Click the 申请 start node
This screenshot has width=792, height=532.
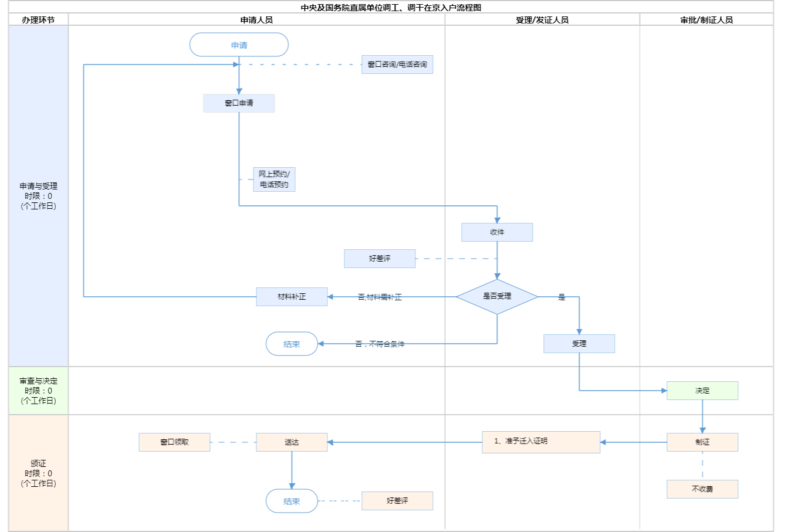pos(239,45)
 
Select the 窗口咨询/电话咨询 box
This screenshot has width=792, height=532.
pos(397,65)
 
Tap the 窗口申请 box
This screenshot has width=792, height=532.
pos(239,103)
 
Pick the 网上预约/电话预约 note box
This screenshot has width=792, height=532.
pos(274,179)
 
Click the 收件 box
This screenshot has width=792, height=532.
pos(497,232)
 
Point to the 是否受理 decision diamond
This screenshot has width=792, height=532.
pos(497,297)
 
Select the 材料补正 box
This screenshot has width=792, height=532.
pos(292,297)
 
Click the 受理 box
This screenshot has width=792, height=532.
pos(579,344)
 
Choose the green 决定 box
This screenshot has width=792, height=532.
pos(702,391)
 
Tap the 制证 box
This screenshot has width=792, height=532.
pos(702,442)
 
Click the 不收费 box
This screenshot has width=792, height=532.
pos(702,489)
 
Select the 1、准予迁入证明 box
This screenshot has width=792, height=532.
pos(541,442)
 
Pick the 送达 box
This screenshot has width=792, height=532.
pos(292,442)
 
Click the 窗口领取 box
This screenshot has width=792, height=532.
pos(174,442)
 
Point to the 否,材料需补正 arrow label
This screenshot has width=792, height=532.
pos(380,297)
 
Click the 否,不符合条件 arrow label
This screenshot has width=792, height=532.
pos(380,344)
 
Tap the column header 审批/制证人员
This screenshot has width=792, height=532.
pos(706,20)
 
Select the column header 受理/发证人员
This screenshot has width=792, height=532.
pos(542,20)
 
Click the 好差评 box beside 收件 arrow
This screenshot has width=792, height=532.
pos(380,259)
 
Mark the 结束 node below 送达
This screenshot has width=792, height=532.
pos(292,501)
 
